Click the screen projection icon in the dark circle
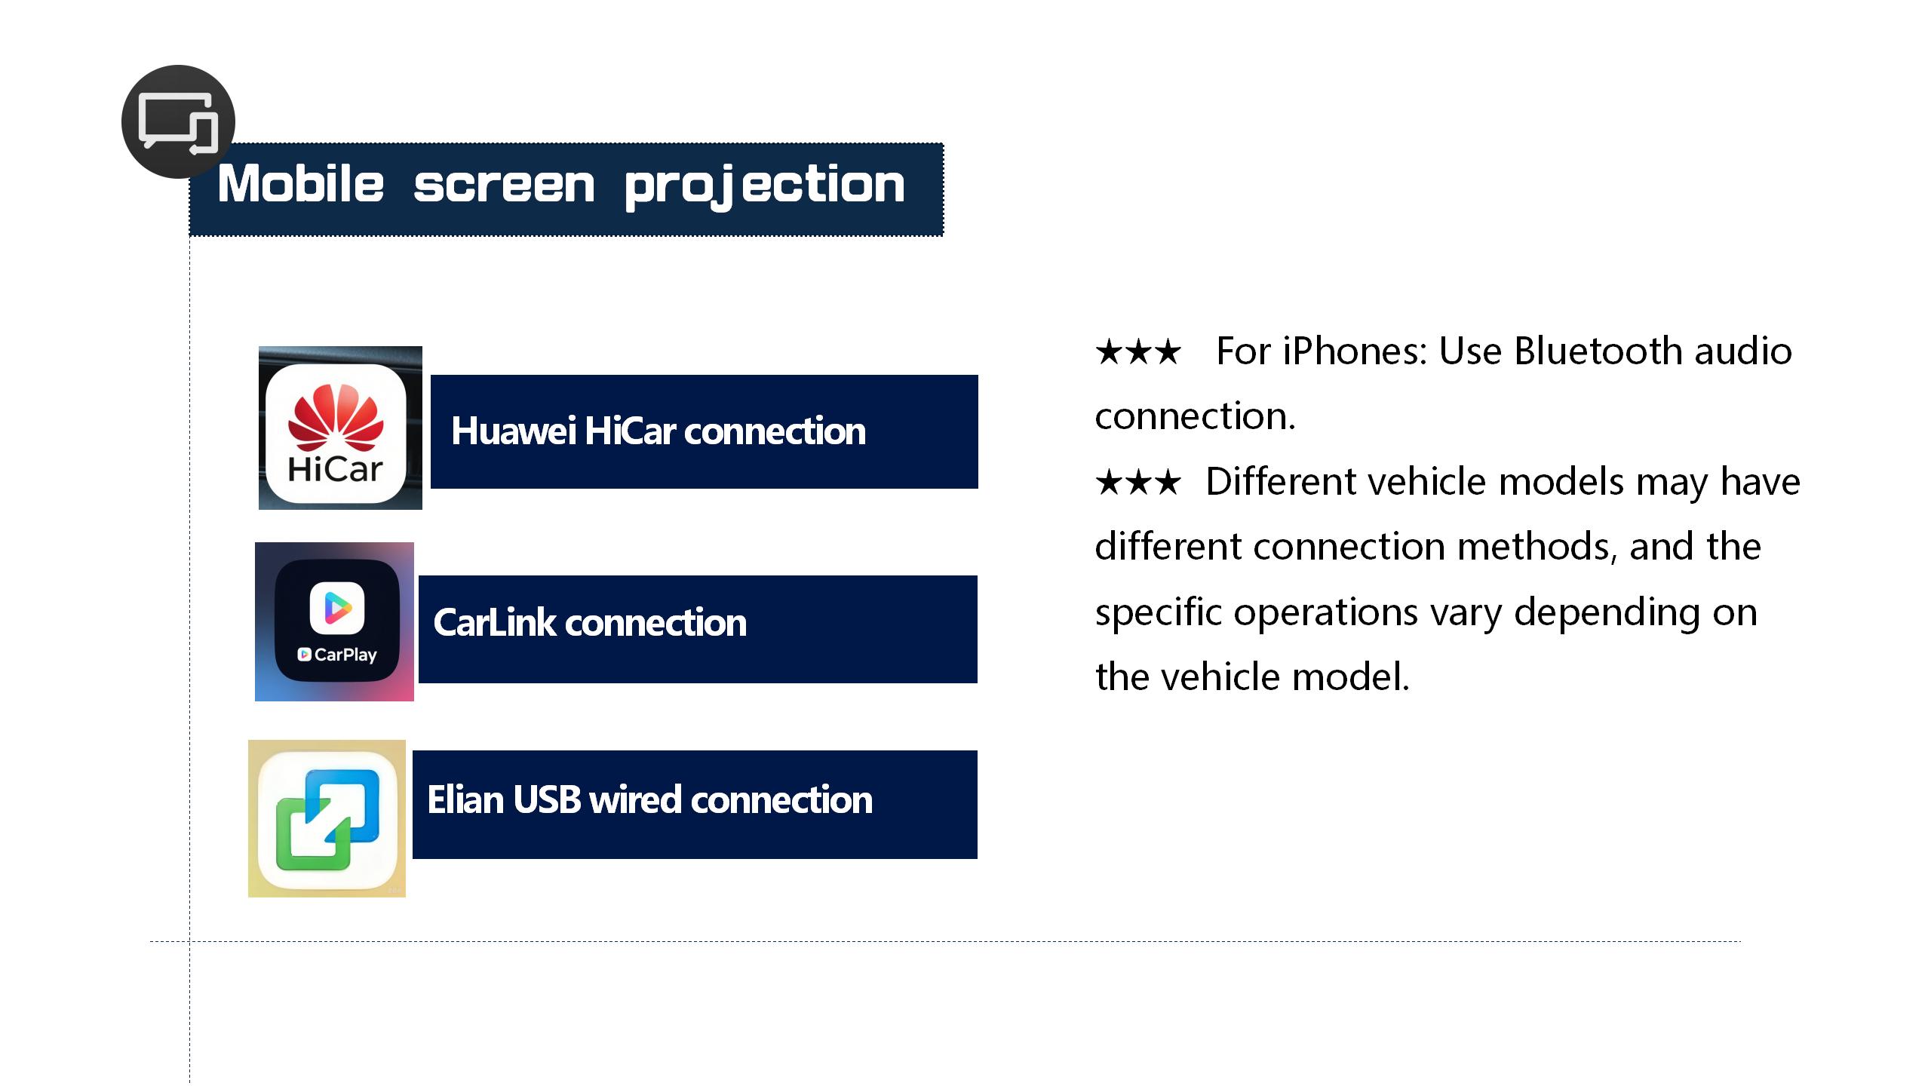tap(179, 123)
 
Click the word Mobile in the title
tap(301, 184)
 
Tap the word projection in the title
tap(765, 187)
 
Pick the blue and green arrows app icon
tap(327, 818)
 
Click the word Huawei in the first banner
tap(514, 431)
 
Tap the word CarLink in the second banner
tap(494, 623)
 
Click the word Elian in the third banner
tap(465, 799)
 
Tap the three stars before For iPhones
tap(1137, 352)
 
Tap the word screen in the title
tap(504, 186)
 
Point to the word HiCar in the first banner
tap(630, 431)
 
